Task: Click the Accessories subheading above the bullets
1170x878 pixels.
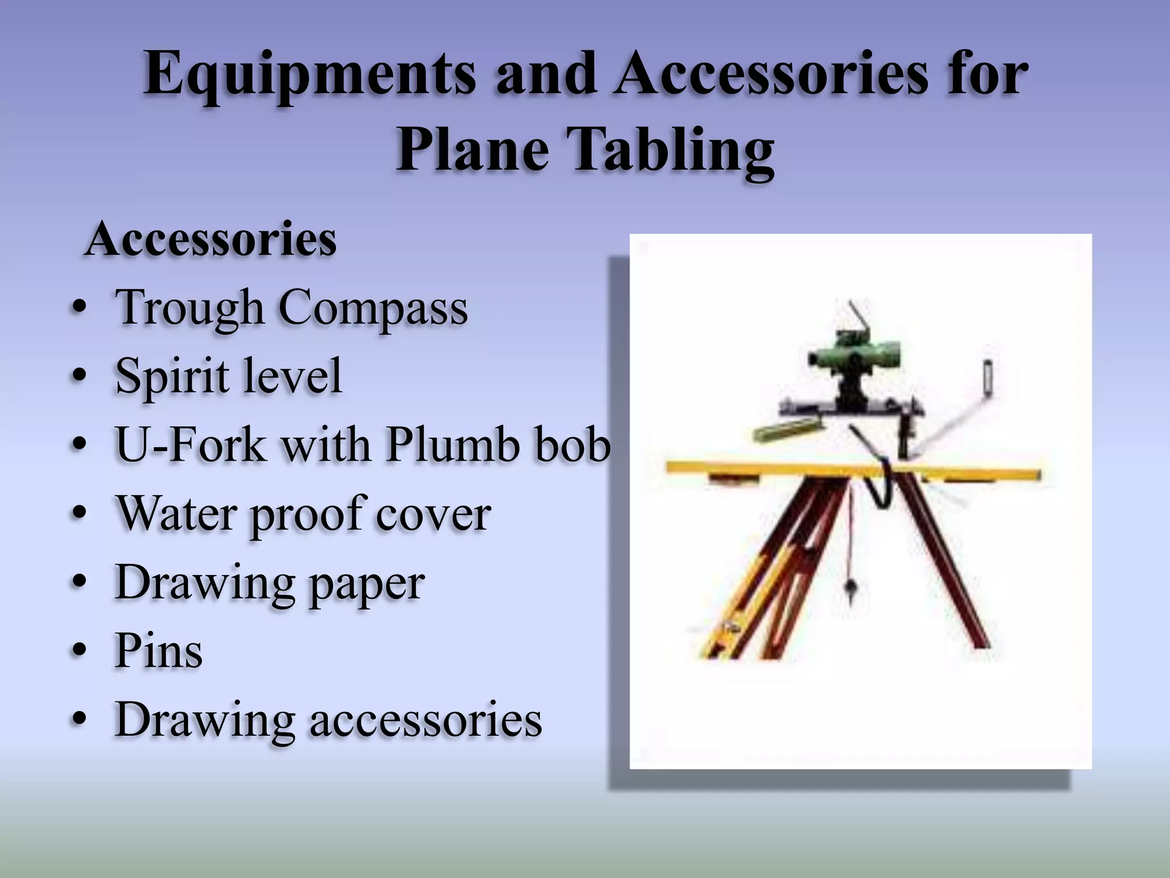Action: coord(211,240)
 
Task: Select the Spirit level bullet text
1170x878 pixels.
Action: coord(229,376)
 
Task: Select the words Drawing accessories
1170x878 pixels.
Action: coord(328,719)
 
